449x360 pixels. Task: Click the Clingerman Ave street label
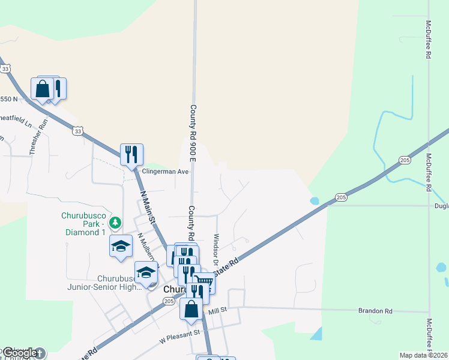(165, 172)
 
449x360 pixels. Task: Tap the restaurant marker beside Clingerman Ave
(131, 154)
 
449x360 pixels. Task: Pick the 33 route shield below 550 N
(77, 130)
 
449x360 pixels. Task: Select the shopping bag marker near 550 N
(43, 89)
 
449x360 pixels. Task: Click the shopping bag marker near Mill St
(191, 310)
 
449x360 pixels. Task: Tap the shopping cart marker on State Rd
(204, 281)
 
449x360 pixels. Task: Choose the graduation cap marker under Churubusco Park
(121, 246)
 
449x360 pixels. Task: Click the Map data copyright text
(423, 355)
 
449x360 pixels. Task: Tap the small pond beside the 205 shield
(314, 201)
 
